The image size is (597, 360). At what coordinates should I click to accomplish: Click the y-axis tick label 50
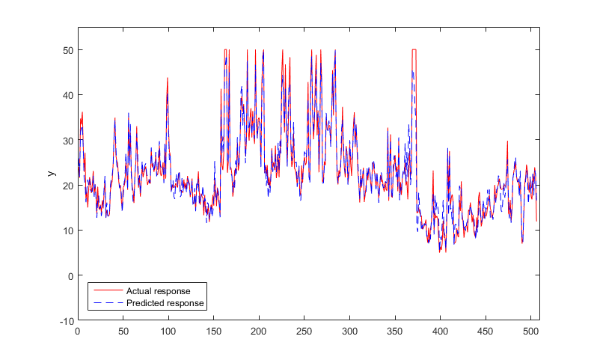tap(67, 50)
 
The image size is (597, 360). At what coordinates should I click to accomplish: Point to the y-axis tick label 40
tap(67, 95)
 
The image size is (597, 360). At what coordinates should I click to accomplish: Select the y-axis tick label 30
tap(67, 140)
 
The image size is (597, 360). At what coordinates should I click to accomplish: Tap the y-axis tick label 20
tap(67, 185)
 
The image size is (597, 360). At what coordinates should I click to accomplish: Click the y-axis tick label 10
tap(67, 231)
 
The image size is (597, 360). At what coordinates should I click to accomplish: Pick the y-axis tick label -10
tap(66, 320)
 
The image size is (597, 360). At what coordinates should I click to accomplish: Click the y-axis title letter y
tap(51, 174)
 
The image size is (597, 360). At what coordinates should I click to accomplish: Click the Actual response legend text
tap(158, 290)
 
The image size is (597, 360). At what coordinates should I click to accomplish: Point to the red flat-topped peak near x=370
tap(414, 50)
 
